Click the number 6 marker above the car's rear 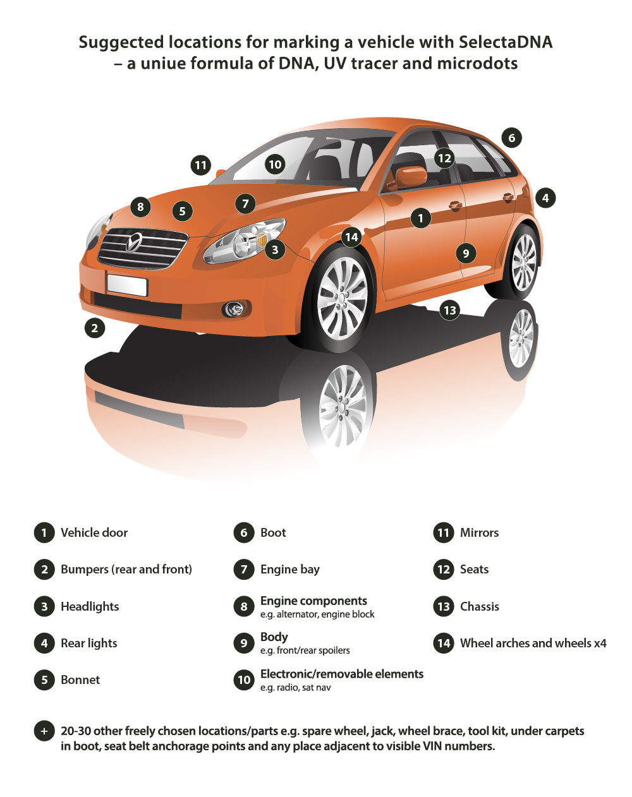(511, 138)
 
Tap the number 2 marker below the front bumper (95, 328)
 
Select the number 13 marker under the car (449, 310)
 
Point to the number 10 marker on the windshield (275, 164)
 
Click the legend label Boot (273, 532)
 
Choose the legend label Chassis (479, 606)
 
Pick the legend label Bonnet (80, 680)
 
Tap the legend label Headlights (90, 606)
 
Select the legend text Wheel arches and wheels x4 (533, 643)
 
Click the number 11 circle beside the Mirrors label (443, 532)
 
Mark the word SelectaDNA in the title (506, 42)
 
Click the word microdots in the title (477, 63)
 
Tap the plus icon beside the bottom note (44, 731)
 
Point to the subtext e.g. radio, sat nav (295, 688)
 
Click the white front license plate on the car (127, 285)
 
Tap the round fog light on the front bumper (234, 309)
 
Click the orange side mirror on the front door (411, 177)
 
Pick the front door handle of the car (454, 205)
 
